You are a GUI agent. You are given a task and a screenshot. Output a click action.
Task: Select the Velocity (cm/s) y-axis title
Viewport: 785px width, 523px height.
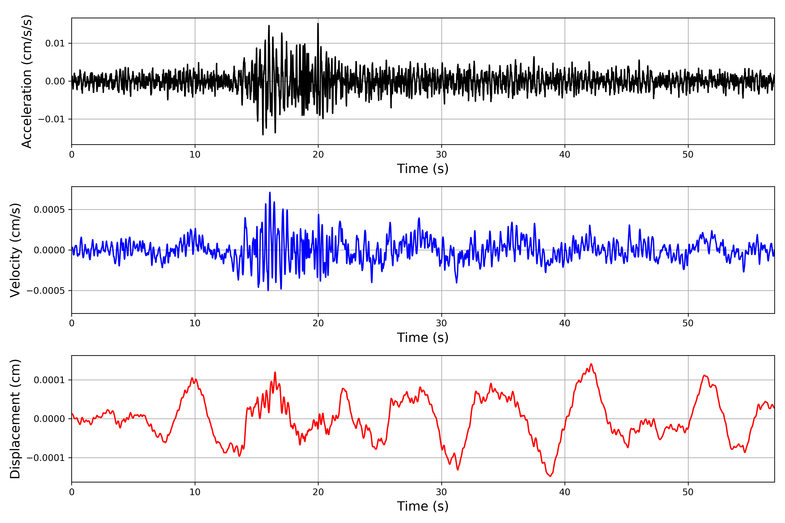pyautogui.click(x=15, y=250)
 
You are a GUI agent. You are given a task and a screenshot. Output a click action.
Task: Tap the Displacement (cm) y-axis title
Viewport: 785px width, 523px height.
pyautogui.click(x=15, y=419)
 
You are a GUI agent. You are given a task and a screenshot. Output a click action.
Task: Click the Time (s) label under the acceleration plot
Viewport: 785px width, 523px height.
pyautogui.click(x=423, y=169)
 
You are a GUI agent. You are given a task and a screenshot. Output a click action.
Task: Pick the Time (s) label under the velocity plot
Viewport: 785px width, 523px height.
pyautogui.click(x=423, y=338)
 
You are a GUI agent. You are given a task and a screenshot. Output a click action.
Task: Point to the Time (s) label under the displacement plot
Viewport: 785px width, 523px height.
pyautogui.click(x=423, y=506)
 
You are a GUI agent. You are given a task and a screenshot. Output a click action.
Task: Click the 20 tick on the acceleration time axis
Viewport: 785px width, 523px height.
pyautogui.click(x=318, y=155)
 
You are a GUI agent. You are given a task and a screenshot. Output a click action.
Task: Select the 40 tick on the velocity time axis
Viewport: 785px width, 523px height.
pyautogui.click(x=565, y=323)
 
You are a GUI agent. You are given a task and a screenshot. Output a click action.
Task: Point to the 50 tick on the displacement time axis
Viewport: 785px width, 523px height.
pyautogui.click(x=688, y=492)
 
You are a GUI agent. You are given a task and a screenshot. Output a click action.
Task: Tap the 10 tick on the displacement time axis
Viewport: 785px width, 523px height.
pyautogui.click(x=195, y=492)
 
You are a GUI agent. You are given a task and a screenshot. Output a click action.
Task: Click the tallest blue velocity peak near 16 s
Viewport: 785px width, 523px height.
pyautogui.click(x=270, y=192)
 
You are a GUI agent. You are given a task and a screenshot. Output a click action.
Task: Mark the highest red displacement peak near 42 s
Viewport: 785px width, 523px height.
pyautogui.click(x=591, y=364)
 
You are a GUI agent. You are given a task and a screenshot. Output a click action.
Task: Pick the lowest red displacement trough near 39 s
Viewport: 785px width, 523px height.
pyautogui.click(x=550, y=476)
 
